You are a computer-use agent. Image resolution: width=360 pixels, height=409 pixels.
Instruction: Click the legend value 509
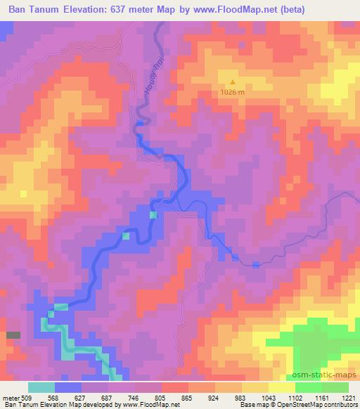(26, 396)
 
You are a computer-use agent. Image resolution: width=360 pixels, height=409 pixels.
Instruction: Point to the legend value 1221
(349, 396)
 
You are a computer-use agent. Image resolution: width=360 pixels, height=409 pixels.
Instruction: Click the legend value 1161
(323, 396)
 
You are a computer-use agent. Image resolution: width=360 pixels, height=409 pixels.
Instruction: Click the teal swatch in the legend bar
(41, 387)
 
